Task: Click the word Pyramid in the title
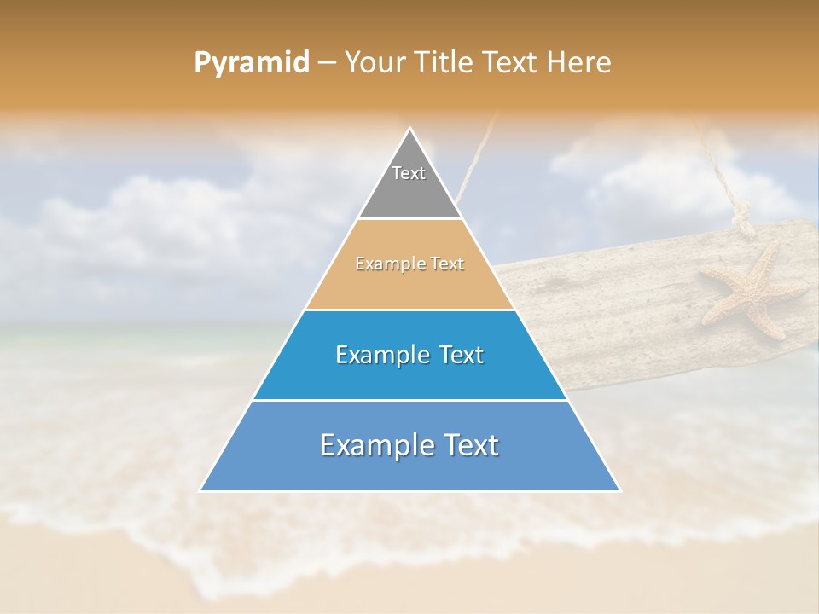[251, 63]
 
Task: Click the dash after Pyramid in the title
[327, 63]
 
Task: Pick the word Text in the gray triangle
[409, 173]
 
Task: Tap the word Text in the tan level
[447, 264]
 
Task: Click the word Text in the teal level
[462, 355]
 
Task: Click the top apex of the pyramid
[410, 130]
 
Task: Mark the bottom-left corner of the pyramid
[201, 490]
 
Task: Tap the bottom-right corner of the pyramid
[619, 490]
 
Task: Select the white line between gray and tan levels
[410, 219]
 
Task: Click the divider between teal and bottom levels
[410, 400]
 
